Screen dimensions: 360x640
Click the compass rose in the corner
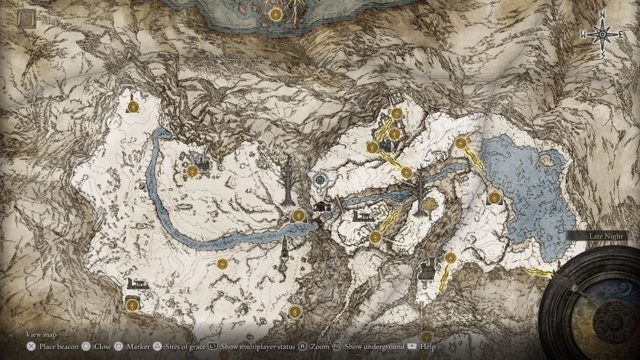coord(602,34)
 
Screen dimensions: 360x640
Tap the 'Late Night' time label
coord(605,235)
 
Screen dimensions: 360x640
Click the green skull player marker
coord(319,181)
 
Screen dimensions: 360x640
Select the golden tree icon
coord(428,205)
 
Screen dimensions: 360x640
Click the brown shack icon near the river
coord(322,206)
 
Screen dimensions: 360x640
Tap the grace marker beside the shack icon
coord(298,215)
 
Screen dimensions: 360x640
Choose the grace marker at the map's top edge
coord(275,15)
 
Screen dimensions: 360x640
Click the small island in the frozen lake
coord(547,158)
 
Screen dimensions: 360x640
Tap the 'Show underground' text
coord(374,347)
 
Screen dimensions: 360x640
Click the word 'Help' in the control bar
coord(427,347)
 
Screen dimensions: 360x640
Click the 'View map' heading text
coord(42,335)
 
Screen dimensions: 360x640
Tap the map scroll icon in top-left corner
coord(25,19)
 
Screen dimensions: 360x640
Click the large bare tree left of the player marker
coord(287,181)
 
